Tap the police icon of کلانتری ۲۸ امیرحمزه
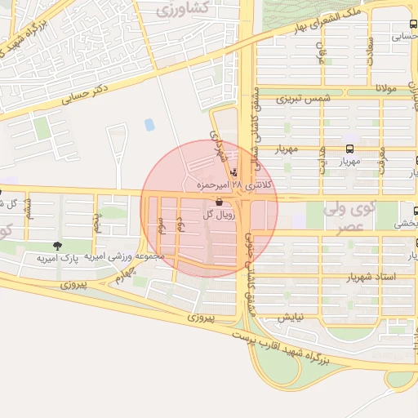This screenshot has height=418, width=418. (x=236, y=173)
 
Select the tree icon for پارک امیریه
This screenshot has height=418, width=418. (x=56, y=245)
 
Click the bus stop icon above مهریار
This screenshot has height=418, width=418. (x=350, y=149)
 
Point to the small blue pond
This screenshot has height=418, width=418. (x=149, y=125)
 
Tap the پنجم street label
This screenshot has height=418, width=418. (x=96, y=220)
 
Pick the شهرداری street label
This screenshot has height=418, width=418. (x=216, y=144)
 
